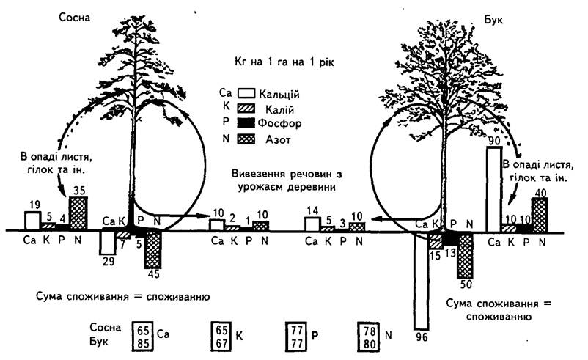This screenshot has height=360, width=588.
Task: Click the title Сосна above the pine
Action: pos(75,18)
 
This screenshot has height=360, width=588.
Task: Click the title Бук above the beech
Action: pos(493,20)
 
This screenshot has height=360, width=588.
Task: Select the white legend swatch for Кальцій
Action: pos(246,93)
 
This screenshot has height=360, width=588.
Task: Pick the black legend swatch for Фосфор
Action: pos(246,122)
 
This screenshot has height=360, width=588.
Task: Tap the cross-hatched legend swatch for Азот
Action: pos(246,139)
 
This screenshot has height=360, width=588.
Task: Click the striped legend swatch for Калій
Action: pos(246,109)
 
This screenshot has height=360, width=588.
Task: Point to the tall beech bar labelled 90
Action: pos(494,189)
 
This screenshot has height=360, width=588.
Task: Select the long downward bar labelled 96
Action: pos(421,281)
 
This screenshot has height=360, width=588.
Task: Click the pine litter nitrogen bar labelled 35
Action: pos(78,213)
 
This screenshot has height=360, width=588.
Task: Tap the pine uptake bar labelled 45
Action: pos(152,249)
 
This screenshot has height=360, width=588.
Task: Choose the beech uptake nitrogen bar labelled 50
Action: pos(466,255)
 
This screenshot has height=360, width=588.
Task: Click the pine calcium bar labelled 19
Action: pos(32,221)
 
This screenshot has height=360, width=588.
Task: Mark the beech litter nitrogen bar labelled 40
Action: pos(540,216)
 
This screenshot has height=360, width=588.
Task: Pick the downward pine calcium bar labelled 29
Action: pos(108,243)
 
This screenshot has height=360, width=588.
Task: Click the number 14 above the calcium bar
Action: pos(312,210)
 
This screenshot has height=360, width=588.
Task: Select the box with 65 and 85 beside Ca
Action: pos(142,337)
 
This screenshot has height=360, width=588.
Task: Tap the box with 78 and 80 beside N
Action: pos(369,337)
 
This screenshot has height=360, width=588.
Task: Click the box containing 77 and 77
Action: pos(296,337)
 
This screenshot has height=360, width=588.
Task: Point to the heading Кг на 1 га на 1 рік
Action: pos(284,62)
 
